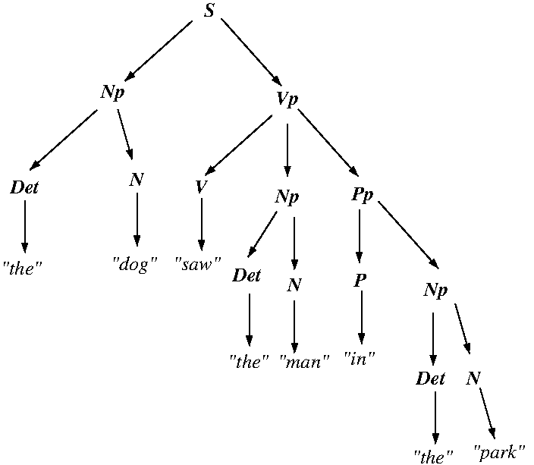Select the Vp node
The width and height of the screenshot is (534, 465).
(x=287, y=101)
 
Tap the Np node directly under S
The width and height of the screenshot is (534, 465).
(x=112, y=93)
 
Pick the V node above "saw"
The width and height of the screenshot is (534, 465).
(x=200, y=187)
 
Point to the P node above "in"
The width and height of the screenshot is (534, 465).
(x=360, y=281)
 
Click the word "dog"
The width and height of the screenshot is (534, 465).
(x=135, y=265)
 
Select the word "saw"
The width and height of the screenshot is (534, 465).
(x=198, y=265)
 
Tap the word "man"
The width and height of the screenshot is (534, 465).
(x=304, y=362)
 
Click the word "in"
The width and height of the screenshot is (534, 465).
(x=360, y=357)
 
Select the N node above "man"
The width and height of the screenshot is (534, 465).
(x=294, y=286)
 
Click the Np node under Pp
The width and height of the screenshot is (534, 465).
(x=435, y=291)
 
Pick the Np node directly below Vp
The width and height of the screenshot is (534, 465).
(x=287, y=198)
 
